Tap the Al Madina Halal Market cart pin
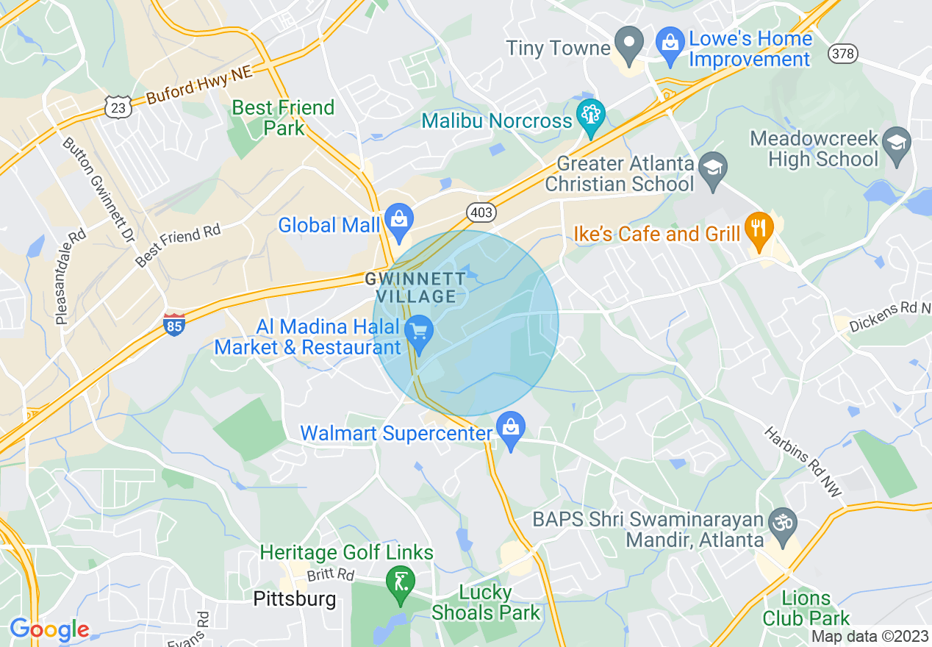419,335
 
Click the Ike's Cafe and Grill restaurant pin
759,229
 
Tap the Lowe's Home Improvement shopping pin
670,42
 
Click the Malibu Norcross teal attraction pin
590,116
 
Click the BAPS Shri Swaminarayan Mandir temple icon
781,523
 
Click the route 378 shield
842,53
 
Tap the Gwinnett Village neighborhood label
416,287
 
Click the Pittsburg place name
294,599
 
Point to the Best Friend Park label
283,118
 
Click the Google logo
49,630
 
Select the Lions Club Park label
806,608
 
